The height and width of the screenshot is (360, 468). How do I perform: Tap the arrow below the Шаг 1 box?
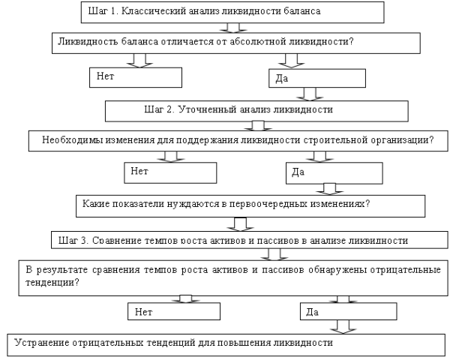coord(233,28)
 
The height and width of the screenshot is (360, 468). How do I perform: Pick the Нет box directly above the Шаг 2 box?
coord(136,77)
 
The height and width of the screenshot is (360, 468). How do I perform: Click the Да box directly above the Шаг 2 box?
coord(317,78)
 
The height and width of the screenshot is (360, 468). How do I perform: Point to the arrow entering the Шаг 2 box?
coord(310,94)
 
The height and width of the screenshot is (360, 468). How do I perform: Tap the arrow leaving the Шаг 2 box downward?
coord(258,126)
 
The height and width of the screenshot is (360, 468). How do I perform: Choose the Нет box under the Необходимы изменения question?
coord(170,172)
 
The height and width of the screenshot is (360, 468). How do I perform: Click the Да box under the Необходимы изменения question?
coord(334,173)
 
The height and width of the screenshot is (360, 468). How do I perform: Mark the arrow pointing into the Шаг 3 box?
coord(240,224)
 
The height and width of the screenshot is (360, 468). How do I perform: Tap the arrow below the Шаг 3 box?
coord(274,255)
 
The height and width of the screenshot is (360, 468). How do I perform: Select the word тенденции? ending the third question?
coord(52,283)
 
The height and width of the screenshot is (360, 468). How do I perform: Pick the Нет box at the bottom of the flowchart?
coord(174,312)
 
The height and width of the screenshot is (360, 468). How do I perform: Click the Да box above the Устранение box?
coord(349,312)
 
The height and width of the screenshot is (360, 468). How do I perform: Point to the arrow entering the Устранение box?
coord(343,327)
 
